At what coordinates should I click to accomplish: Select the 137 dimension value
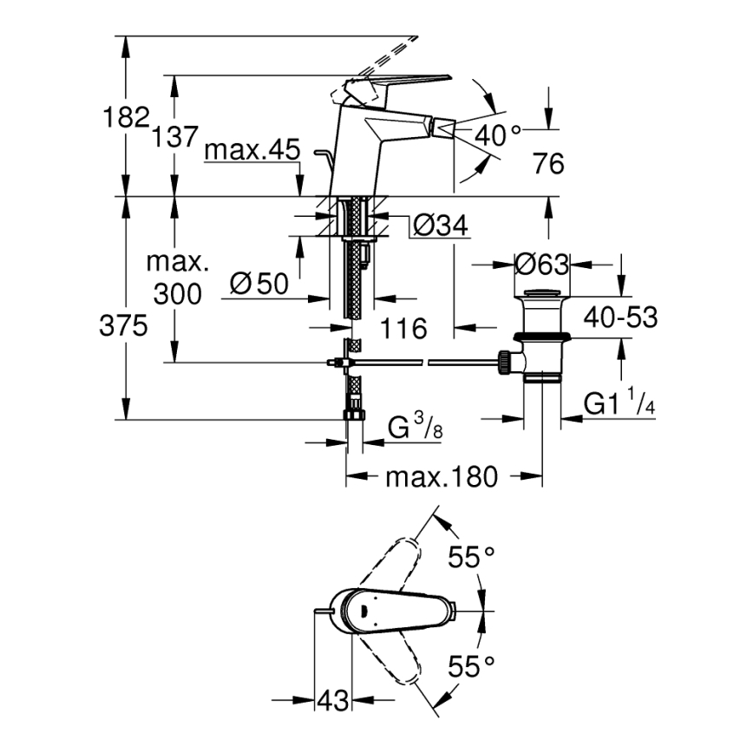tap(176, 135)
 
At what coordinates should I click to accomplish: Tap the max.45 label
tap(252, 151)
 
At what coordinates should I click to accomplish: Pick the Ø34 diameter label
tap(440, 226)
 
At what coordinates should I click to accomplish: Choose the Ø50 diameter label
tap(259, 284)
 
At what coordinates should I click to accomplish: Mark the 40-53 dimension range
tap(620, 317)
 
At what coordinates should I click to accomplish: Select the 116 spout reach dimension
tap(404, 328)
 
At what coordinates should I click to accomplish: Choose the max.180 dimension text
tap(442, 476)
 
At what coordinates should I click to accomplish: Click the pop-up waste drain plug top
tap(541, 293)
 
